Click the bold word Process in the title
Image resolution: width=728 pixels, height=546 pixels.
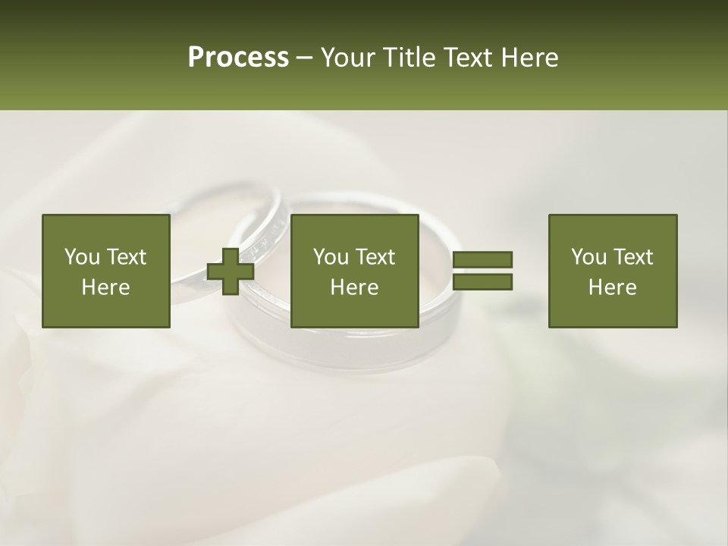point(238,58)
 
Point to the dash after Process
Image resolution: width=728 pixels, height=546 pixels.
point(304,58)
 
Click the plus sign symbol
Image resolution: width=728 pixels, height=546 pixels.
point(231,271)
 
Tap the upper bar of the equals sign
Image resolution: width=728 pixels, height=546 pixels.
point(482,260)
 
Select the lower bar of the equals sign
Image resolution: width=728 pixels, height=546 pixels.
point(482,282)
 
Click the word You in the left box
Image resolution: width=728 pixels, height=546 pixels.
point(81,257)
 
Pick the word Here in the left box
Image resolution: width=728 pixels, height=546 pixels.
point(105,287)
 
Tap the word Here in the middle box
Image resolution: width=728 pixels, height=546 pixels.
point(354,287)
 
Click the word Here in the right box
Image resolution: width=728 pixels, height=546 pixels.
point(612,287)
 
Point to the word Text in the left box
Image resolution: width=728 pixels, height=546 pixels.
point(126,257)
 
